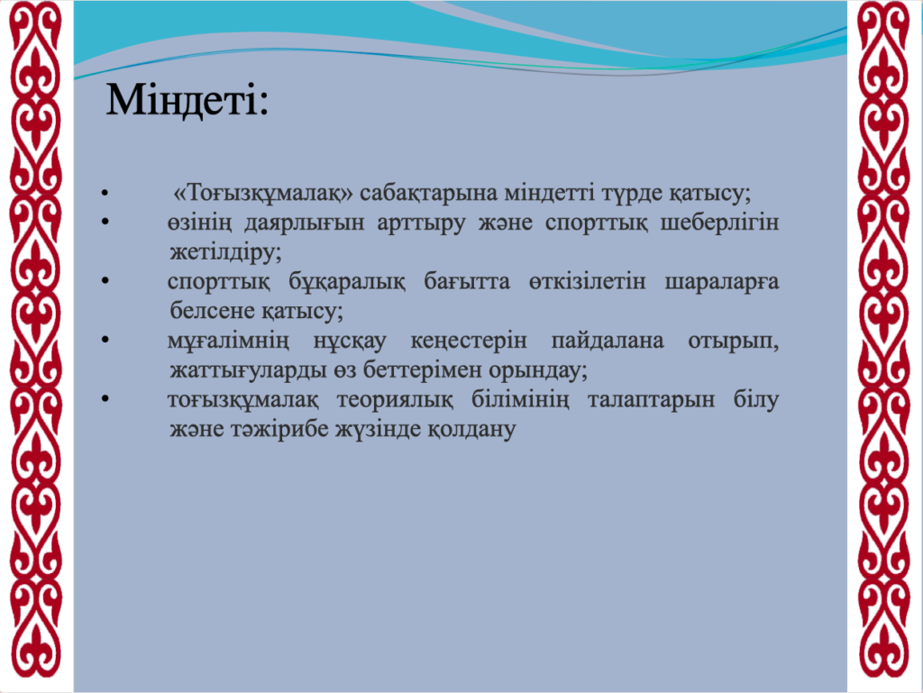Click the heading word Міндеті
pyautogui.click(x=187, y=100)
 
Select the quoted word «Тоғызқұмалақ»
pyautogui.click(x=263, y=194)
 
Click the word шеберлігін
pyautogui.click(x=719, y=223)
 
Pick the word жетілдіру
pyautogui.click(x=225, y=252)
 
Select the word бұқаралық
pyautogui.click(x=347, y=282)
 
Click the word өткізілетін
pyautogui.click(x=588, y=282)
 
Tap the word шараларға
pyautogui.click(x=722, y=282)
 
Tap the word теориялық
pyautogui.click(x=395, y=400)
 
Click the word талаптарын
pyautogui.click(x=651, y=400)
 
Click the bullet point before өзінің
pyautogui.click(x=105, y=223)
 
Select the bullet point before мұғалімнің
pyautogui.click(x=105, y=340)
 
